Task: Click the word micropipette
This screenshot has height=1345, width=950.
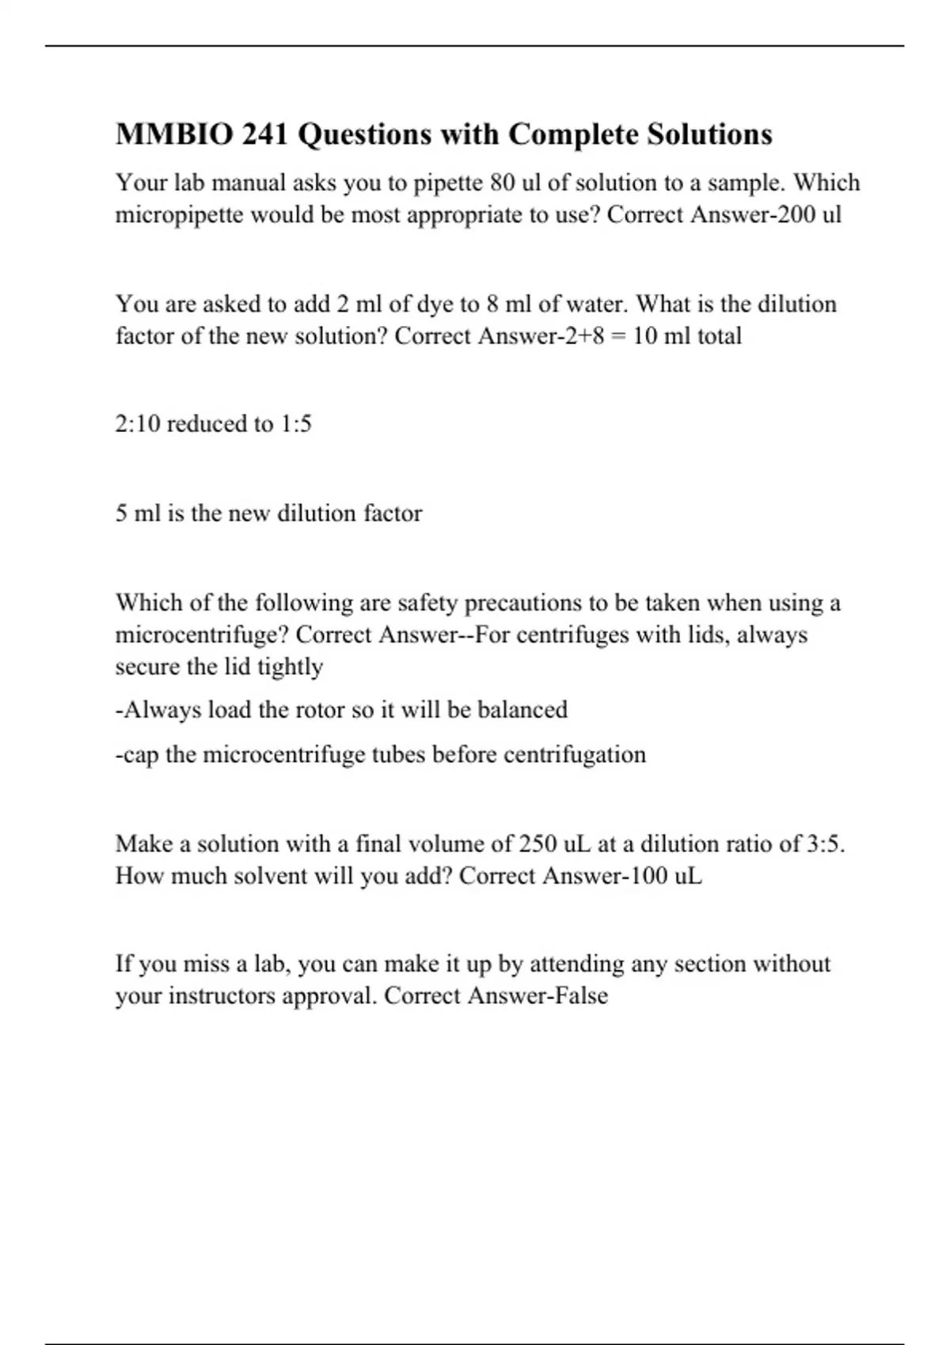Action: [x=179, y=215]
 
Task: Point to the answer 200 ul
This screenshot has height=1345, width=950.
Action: [x=809, y=215]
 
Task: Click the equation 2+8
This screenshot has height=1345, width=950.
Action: [x=575, y=336]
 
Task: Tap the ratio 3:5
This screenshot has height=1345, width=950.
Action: [x=825, y=844]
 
